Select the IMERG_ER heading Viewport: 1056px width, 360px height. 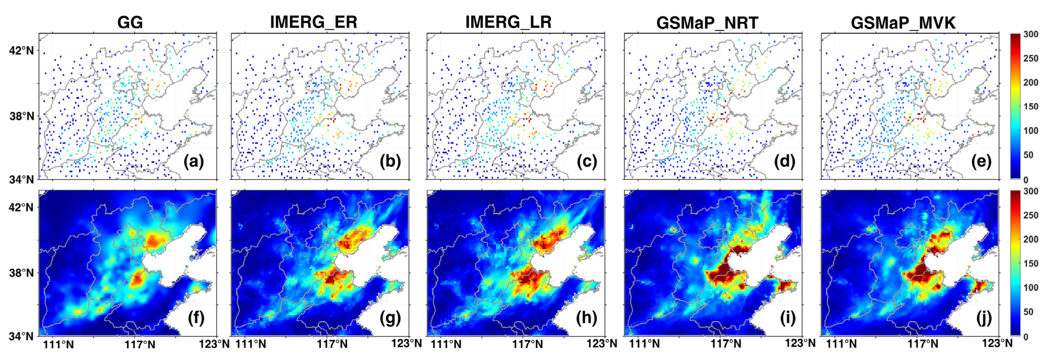pos(314,22)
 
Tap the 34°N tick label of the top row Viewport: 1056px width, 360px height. pos(21,179)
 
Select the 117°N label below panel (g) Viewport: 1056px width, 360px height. pos(332,344)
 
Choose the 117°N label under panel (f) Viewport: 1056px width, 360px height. pos(140,344)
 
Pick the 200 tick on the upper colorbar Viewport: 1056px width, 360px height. pos(1030,82)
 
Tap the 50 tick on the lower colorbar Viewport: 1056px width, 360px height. pos(1028,312)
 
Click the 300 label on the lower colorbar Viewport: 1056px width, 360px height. pos(1030,191)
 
